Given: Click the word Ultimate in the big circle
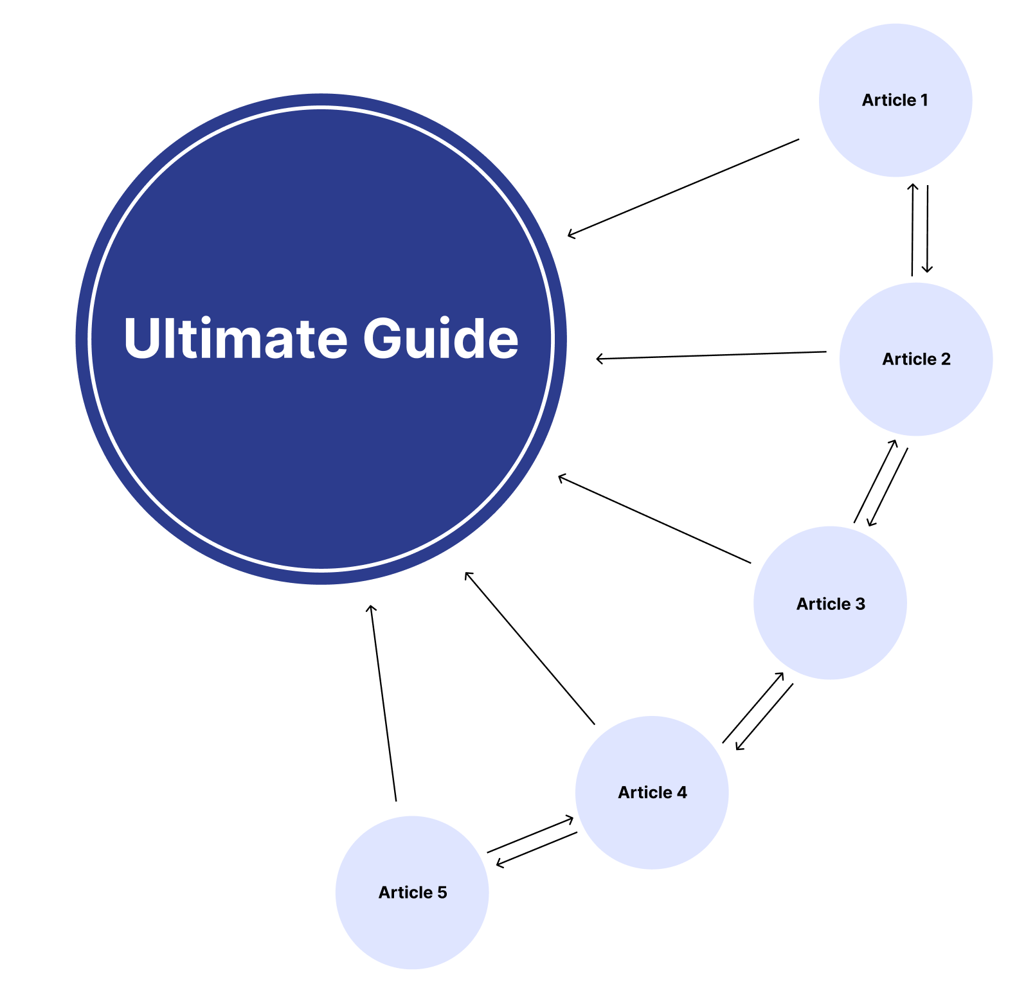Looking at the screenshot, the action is click(x=235, y=337).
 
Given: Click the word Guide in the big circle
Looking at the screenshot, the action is click(x=441, y=337).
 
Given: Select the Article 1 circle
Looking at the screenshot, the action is click(x=896, y=100).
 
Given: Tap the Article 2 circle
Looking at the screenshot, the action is click(x=916, y=359).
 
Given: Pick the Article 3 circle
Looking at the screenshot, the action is click(x=830, y=603).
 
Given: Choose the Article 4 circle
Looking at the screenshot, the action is click(x=652, y=792).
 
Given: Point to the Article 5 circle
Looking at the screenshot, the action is click(x=412, y=893).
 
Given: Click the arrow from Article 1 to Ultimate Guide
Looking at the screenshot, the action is click(x=683, y=188).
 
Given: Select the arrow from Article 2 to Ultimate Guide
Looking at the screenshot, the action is click(x=711, y=355).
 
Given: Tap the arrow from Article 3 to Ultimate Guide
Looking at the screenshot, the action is click(x=654, y=519).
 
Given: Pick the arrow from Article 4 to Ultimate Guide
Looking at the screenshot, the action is click(x=530, y=648).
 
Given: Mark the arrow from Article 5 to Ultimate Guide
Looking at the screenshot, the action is click(x=383, y=702).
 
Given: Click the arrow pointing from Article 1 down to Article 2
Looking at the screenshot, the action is click(x=927, y=229).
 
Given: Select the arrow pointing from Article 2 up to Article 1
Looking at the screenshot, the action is click(x=912, y=230).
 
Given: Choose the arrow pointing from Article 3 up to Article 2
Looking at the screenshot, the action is click(x=875, y=481).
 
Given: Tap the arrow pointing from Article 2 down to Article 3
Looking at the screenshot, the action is click(x=888, y=487).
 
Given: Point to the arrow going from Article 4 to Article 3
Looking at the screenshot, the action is click(x=753, y=708).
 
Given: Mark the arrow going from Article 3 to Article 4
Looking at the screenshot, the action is click(x=764, y=717).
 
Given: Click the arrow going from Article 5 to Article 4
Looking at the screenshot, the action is click(x=530, y=834).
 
